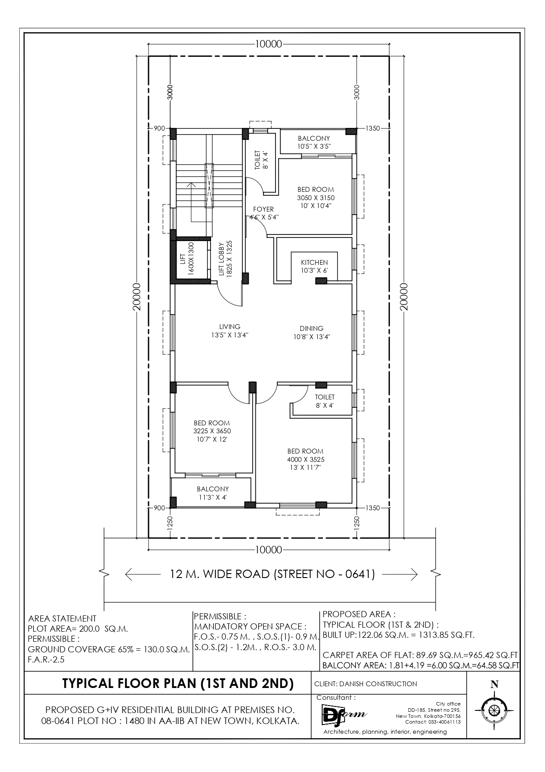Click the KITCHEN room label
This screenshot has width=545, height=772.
[314, 263]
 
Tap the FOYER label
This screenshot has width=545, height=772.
[263, 209]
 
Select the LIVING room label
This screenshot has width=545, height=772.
[230, 326]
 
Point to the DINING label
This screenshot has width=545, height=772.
[312, 328]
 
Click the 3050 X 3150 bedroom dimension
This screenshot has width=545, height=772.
[316, 198]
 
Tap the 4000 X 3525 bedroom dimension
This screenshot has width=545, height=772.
[306, 459]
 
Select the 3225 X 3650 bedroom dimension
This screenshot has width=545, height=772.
[212, 431]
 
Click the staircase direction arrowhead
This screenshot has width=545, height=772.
[191, 185]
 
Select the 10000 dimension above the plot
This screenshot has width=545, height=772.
[268, 44]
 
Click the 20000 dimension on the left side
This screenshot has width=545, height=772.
[137, 297]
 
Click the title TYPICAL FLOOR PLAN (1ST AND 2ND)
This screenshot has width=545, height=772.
[178, 683]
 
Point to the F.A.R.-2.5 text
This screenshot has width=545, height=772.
[46, 659]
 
